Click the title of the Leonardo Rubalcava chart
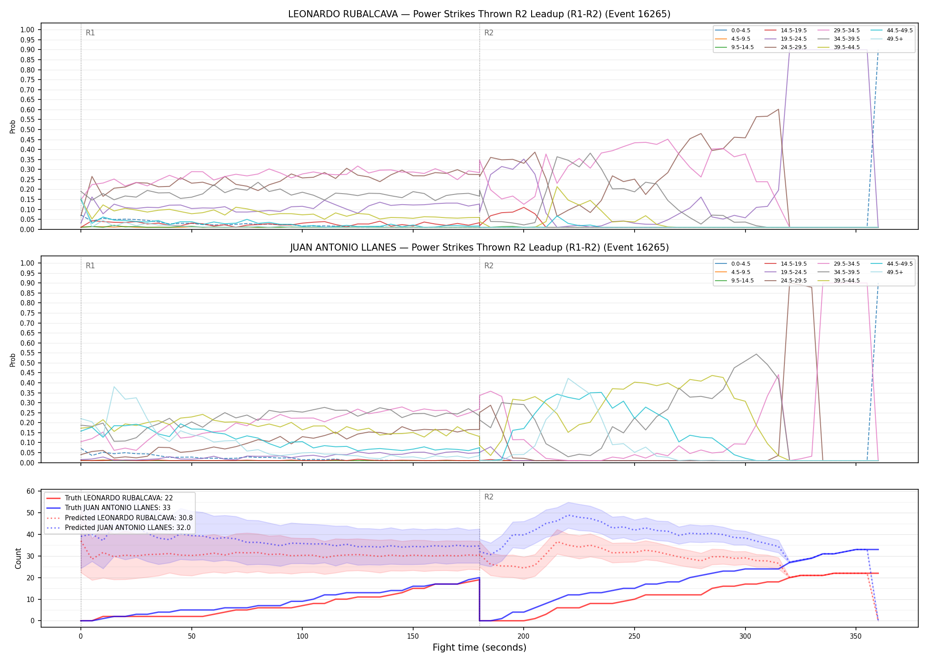point(479,14)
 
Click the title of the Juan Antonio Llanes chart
point(479,248)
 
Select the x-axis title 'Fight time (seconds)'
point(479,648)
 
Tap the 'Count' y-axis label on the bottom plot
point(18,558)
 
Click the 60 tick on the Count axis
point(30,492)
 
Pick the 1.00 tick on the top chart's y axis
point(27,30)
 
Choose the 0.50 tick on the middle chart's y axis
point(27,363)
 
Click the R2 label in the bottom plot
point(489,497)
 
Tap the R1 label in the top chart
point(90,33)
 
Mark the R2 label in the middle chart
point(489,266)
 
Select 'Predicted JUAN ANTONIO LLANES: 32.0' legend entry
point(118,527)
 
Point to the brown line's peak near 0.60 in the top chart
point(778,109)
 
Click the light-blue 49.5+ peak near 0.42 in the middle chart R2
point(568,378)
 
